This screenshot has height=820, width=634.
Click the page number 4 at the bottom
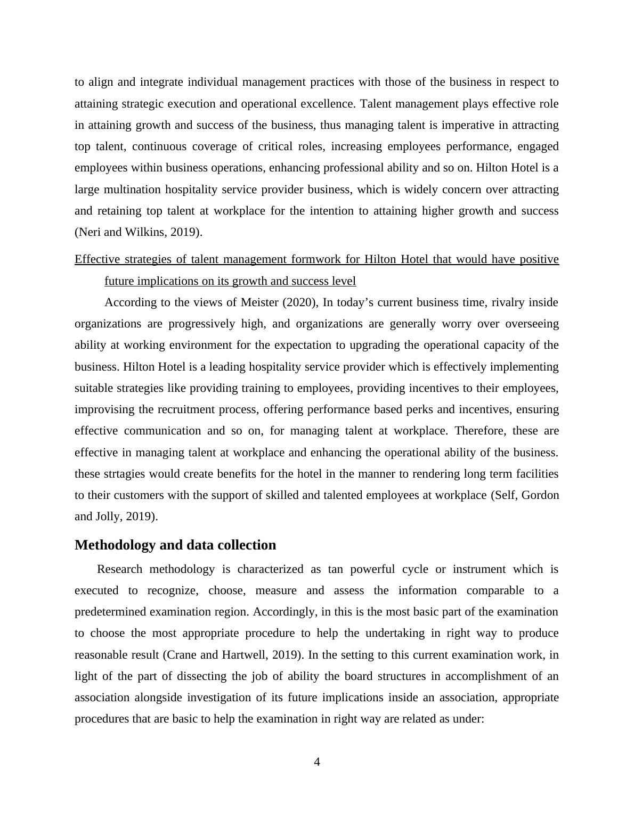(x=317, y=762)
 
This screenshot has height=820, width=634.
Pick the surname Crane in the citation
(x=183, y=654)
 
